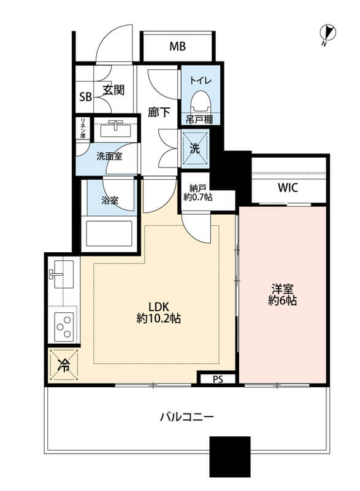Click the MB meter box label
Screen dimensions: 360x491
coord(177,47)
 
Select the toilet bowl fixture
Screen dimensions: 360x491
coord(200,101)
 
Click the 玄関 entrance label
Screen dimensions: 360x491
coord(113,90)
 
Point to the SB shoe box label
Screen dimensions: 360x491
coord(85,97)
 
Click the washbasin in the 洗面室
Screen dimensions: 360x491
coord(115,130)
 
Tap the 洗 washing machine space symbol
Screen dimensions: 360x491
coord(195,148)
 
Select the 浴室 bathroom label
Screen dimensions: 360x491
coord(110,201)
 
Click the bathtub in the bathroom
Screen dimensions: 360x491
coord(109,233)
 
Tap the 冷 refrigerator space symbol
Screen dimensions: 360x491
coord(64,365)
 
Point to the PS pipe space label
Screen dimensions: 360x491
coord(218,379)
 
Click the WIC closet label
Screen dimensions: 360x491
coord(288,188)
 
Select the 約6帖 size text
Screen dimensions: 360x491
coord(282,300)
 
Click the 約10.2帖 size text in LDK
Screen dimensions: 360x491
coord(159,319)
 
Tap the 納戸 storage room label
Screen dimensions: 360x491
coord(198,188)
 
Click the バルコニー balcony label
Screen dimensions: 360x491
coord(186,417)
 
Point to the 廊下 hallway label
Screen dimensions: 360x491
coord(159,112)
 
